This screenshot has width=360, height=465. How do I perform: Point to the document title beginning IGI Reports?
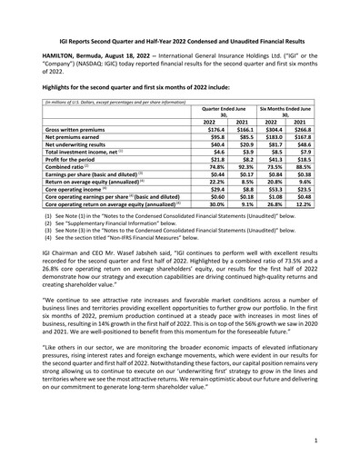pos(179,31)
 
